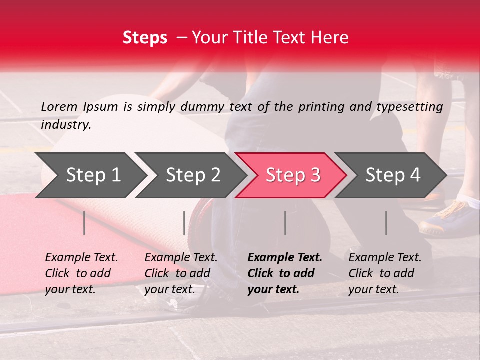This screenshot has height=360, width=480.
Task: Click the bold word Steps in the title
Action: click(145, 38)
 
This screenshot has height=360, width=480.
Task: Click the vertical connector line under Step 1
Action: click(84, 223)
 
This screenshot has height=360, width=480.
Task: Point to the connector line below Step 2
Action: click(184, 223)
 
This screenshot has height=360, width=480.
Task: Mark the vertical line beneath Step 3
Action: click(285, 223)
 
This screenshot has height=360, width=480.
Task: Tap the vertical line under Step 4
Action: click(386, 223)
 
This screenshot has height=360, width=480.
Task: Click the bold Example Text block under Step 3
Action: click(285, 273)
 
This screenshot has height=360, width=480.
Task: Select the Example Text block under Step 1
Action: click(81, 273)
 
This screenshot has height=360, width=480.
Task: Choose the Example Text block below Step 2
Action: click(181, 273)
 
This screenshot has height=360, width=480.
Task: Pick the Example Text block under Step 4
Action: click(385, 273)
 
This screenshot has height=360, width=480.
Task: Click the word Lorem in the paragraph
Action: click(59, 106)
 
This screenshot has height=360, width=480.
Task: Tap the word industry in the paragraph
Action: click(66, 124)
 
